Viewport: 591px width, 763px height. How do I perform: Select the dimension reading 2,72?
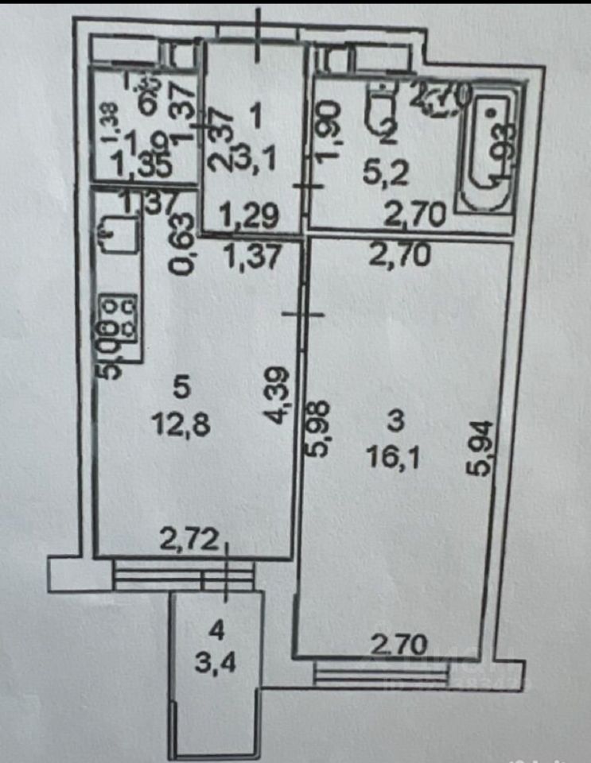pos(187,544)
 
